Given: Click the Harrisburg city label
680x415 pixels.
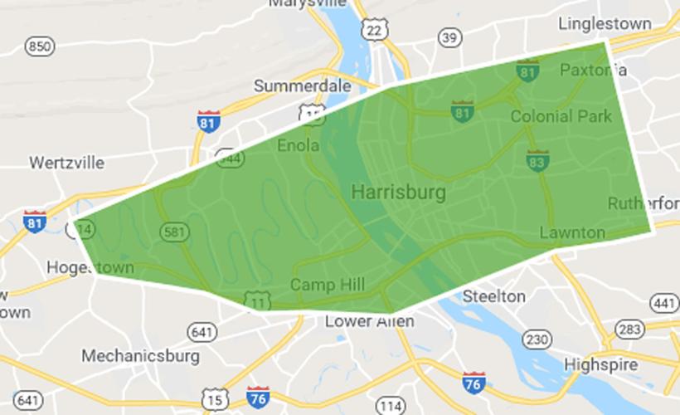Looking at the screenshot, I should (398, 193).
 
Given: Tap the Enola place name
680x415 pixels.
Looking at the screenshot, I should (298, 145).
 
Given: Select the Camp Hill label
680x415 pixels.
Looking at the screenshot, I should (327, 285).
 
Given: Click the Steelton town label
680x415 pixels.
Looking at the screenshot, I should (493, 296).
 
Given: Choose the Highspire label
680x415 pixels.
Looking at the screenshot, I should (600, 364).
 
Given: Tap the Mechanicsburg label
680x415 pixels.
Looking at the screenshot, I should (140, 356).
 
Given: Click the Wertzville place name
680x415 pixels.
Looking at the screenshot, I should (67, 162).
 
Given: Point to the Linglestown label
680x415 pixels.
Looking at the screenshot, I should (606, 22).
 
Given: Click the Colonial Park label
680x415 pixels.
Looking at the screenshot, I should (561, 116).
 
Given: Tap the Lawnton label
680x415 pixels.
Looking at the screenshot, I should (572, 232).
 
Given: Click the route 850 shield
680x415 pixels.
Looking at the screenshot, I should (39, 46).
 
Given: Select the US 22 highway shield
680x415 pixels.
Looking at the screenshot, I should (374, 30).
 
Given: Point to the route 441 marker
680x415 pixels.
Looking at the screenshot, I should (664, 303).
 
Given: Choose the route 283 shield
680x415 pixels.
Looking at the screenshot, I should (629, 330).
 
